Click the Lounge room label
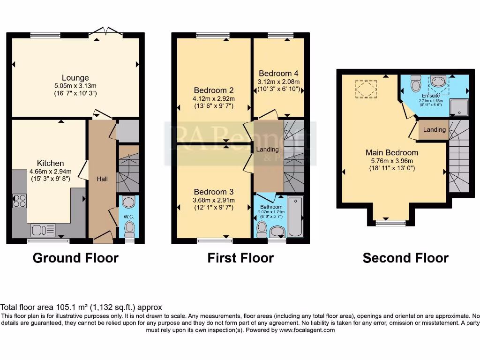click(75, 78)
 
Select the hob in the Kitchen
click(20, 201)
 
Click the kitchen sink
click(43, 230)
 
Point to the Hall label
click(102, 179)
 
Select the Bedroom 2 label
click(214, 90)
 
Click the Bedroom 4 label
click(278, 74)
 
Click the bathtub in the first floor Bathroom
click(295, 217)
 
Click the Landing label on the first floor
click(268, 150)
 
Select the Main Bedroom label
click(392, 152)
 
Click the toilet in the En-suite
click(415, 84)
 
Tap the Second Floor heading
click(405, 258)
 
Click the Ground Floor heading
click(75, 258)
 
